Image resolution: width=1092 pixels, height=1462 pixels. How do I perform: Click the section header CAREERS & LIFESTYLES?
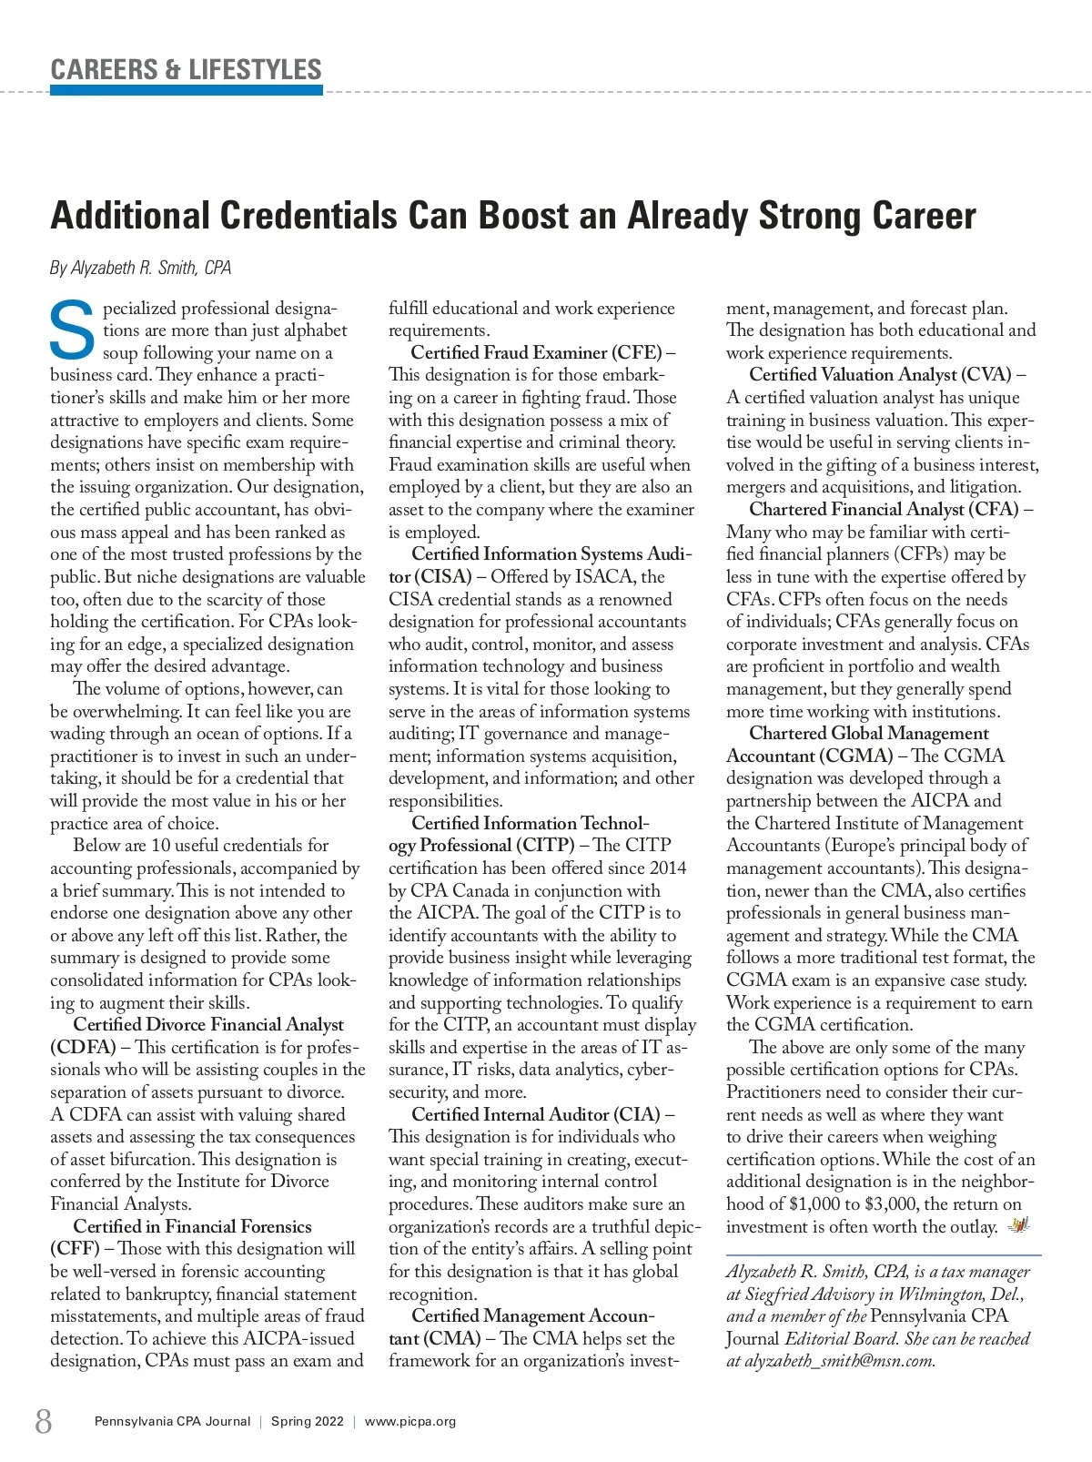186,69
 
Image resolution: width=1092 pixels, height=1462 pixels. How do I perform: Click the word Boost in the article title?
539,216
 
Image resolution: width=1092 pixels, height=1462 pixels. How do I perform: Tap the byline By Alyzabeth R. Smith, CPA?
140,268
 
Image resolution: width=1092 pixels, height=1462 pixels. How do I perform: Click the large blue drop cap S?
72,330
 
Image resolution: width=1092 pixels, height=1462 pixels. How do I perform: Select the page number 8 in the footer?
43,1421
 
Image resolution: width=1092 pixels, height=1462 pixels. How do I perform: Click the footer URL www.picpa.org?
410,1421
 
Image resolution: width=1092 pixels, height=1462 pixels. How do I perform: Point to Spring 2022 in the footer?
308,1421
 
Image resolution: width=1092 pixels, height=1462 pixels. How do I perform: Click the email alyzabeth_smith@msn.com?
840,1361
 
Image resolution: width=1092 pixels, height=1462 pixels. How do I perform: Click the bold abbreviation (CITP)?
544,846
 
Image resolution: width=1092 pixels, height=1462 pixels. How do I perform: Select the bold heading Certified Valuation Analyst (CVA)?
880,375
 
